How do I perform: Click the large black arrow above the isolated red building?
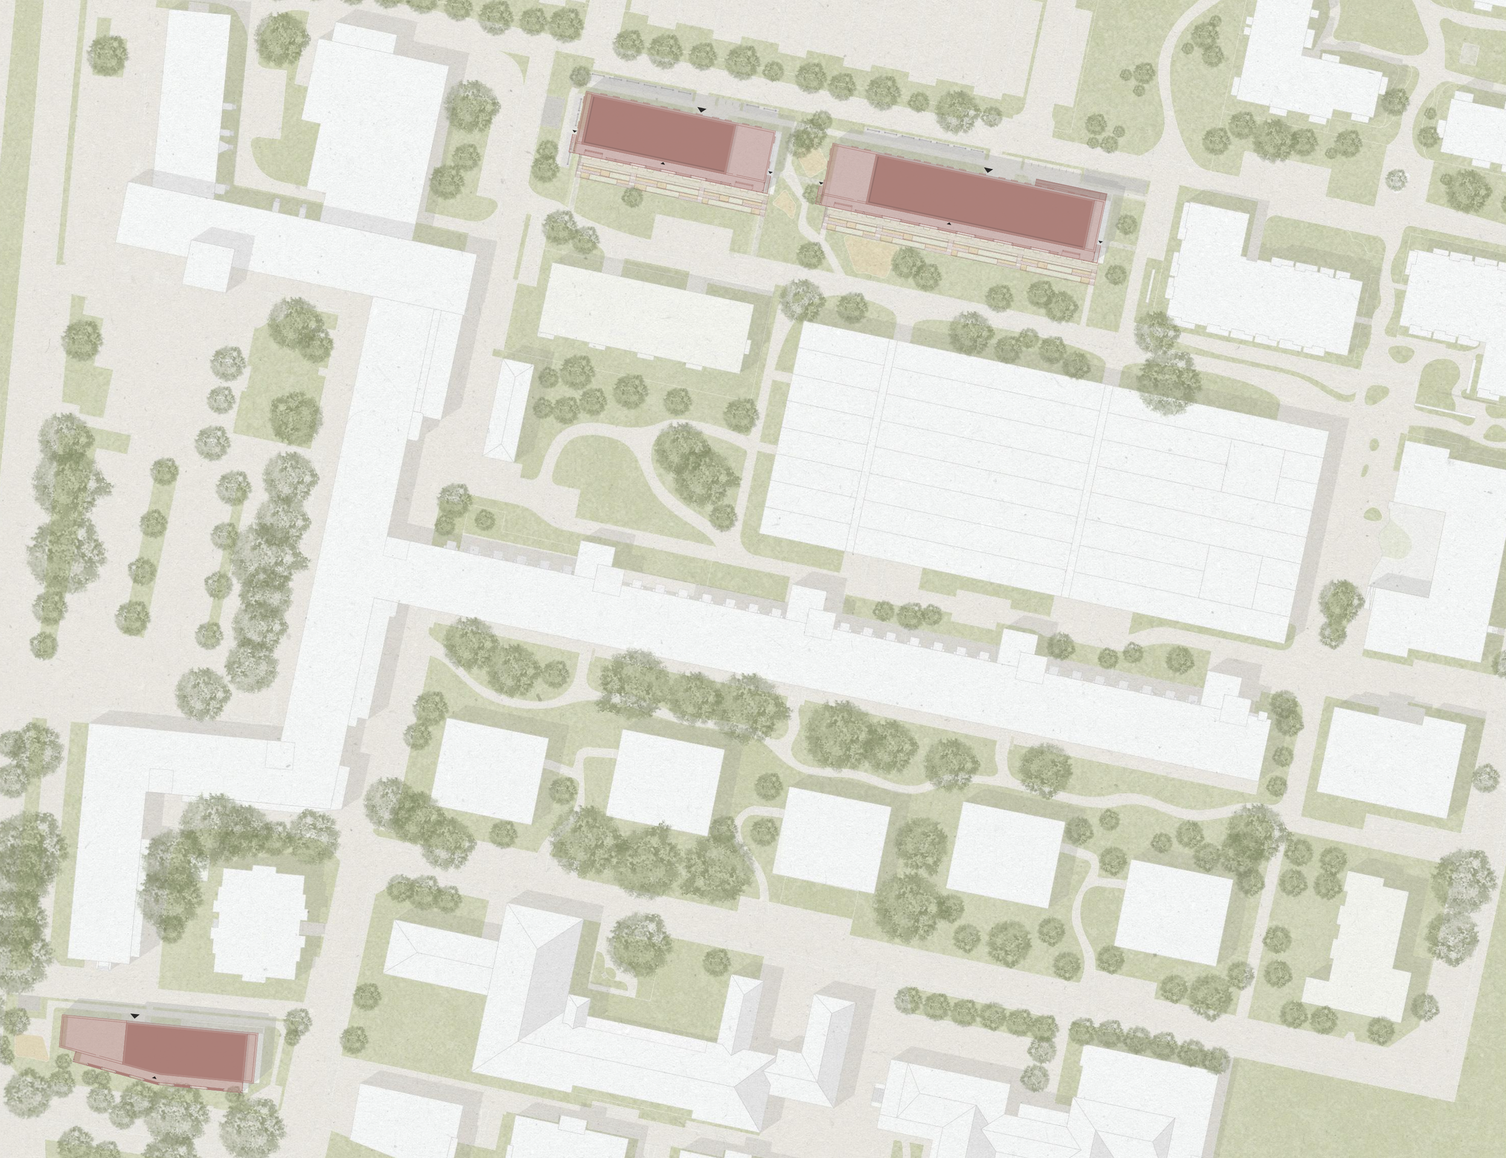coord(135,1016)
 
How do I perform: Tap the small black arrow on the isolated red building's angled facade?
coord(155,1076)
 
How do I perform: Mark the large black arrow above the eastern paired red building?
coord(989,169)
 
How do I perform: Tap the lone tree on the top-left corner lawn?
coord(107,53)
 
